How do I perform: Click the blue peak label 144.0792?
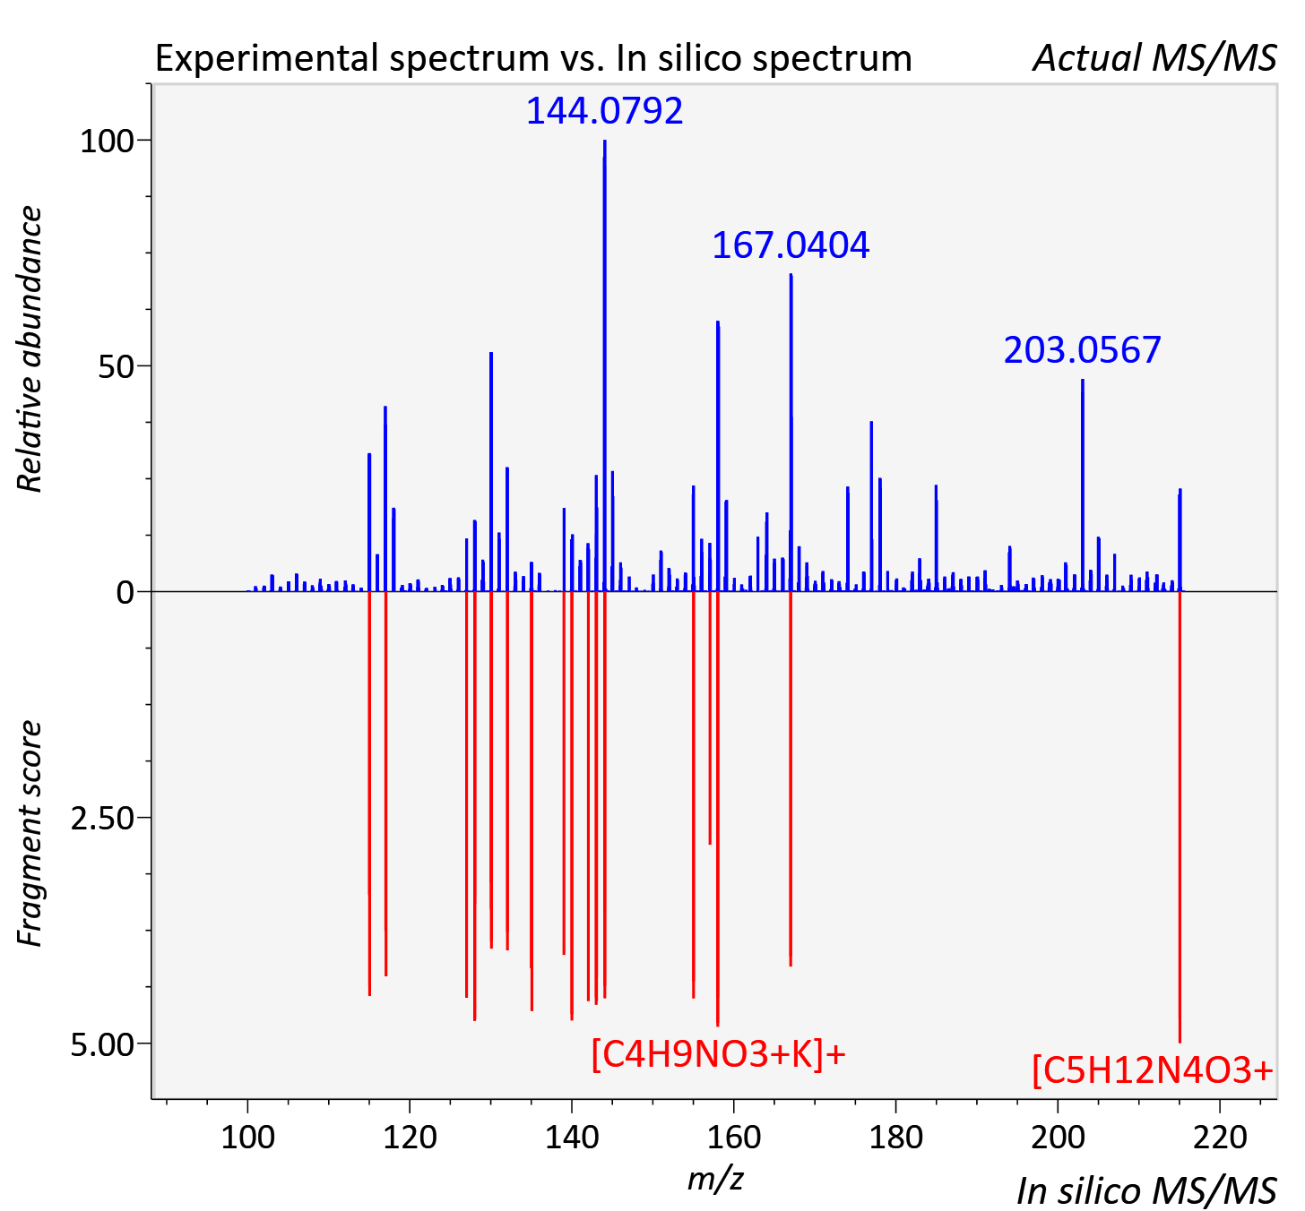[604, 111]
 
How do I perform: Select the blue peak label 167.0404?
[791, 245]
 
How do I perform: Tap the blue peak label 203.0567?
[1082, 350]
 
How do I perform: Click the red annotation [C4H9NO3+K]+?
[718, 1054]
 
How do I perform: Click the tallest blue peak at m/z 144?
[604, 365]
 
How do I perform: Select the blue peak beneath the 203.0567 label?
[1082, 485]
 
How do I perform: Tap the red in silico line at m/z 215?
[1180, 817]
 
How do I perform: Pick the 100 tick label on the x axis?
[247, 1138]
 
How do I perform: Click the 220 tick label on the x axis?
[1220, 1138]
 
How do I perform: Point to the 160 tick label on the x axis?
[734, 1138]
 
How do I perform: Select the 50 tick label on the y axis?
[117, 367]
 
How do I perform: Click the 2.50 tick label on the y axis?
[102, 819]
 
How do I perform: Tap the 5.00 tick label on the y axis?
[102, 1044]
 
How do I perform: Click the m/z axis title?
[715, 1179]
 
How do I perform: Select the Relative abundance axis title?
[30, 348]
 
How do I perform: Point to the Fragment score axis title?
[30, 834]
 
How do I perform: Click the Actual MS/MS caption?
[1155, 58]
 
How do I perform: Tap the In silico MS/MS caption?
[1147, 1190]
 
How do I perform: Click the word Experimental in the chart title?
[268, 59]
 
